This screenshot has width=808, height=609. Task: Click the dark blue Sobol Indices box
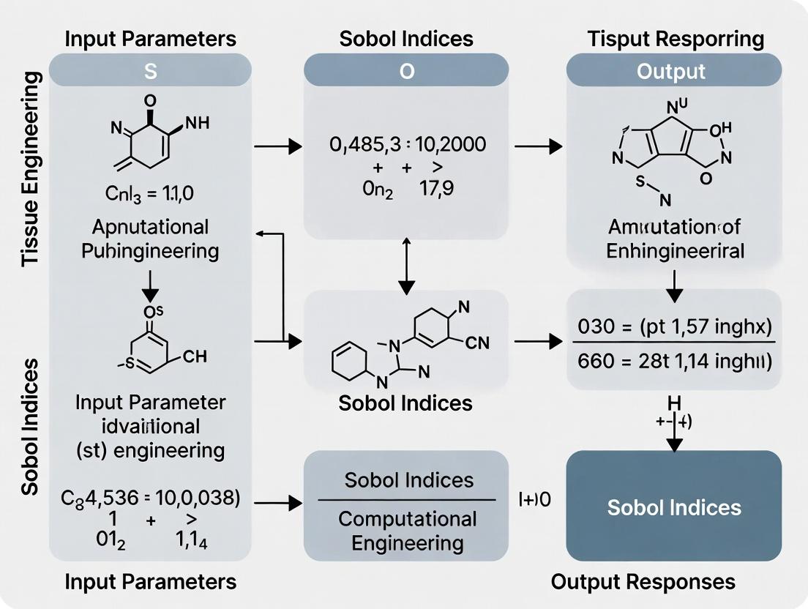[674, 507]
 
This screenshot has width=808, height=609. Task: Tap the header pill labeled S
[150, 71]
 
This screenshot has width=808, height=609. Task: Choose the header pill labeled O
[405, 71]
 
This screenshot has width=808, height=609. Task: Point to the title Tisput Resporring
[675, 39]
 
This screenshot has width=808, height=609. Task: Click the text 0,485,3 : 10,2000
[407, 144]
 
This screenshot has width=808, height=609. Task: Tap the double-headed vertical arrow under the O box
[405, 264]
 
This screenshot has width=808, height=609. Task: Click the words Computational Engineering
[407, 531]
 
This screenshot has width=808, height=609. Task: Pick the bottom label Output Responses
[643, 582]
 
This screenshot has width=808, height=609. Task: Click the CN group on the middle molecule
[476, 342]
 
